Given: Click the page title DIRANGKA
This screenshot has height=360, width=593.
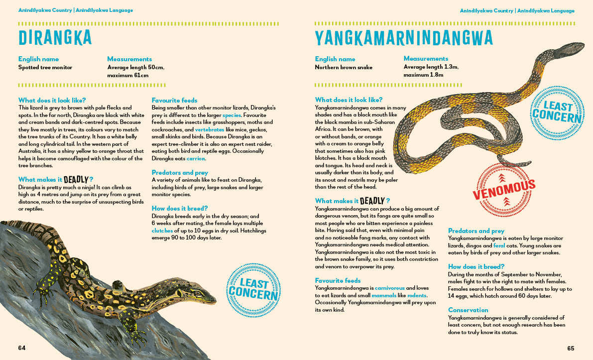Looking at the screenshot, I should [55, 38].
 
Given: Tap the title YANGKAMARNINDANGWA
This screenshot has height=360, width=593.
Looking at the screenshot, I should [404, 38].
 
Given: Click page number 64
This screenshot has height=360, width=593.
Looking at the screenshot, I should [22, 348].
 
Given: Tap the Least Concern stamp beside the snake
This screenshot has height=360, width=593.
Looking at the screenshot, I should [557, 112].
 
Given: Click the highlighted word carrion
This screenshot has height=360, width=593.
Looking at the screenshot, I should [196, 158].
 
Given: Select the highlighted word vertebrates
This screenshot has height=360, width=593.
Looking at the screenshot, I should [213, 129].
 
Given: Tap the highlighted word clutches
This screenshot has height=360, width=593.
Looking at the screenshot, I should [162, 231].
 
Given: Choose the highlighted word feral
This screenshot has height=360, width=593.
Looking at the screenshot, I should [499, 246].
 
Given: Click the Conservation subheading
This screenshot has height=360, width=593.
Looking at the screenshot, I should [468, 310].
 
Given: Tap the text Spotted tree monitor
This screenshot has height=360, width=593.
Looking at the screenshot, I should [45, 67].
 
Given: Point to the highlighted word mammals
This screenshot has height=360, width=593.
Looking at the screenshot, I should [384, 296].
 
